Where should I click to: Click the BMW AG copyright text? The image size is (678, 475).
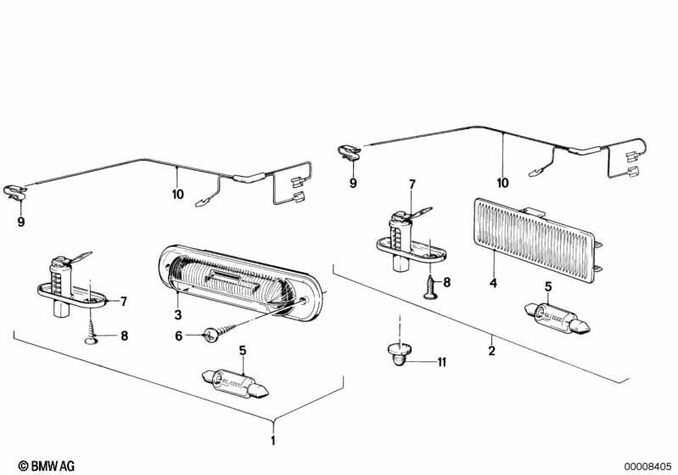tap(47, 466)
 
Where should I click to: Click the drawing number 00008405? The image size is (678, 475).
tap(647, 467)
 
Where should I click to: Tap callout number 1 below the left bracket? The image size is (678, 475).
tap(273, 441)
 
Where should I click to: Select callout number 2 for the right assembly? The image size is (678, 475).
tap(491, 350)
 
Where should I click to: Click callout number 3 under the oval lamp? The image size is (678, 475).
tap(178, 314)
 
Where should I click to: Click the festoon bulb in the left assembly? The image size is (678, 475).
tap(236, 382)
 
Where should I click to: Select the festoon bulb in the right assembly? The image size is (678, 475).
tap(558, 319)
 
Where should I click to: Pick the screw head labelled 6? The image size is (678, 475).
tap(210, 335)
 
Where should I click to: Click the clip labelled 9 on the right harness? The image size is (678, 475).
tap(349, 151)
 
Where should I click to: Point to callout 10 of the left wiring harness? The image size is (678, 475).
tap(177, 195)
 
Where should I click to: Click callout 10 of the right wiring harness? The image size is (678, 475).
tap(502, 183)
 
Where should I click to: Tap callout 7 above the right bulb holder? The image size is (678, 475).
tap(412, 184)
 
